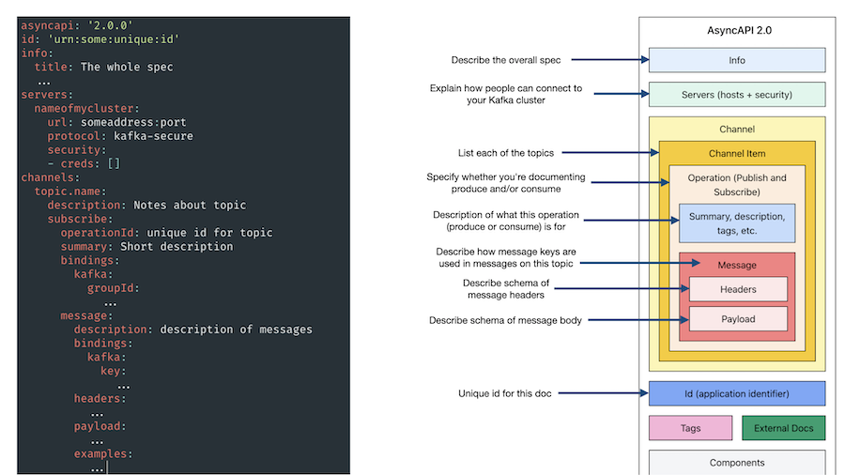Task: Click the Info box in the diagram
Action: (737, 60)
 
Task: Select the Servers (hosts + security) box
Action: (737, 94)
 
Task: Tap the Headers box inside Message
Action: (738, 289)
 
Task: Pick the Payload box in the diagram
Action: (738, 319)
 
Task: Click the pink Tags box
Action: (690, 428)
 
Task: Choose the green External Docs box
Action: (784, 428)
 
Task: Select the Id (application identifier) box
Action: (737, 393)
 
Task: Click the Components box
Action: (737, 463)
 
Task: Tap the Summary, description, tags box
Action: (737, 223)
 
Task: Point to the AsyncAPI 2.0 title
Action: (739, 30)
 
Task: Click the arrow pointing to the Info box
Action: (609, 60)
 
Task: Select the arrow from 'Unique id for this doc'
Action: (603, 393)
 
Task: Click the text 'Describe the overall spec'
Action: (505, 60)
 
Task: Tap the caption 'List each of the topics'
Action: (505, 152)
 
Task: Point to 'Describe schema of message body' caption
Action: (505, 320)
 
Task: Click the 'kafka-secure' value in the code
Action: (153, 136)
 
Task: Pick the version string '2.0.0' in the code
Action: (110, 24)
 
